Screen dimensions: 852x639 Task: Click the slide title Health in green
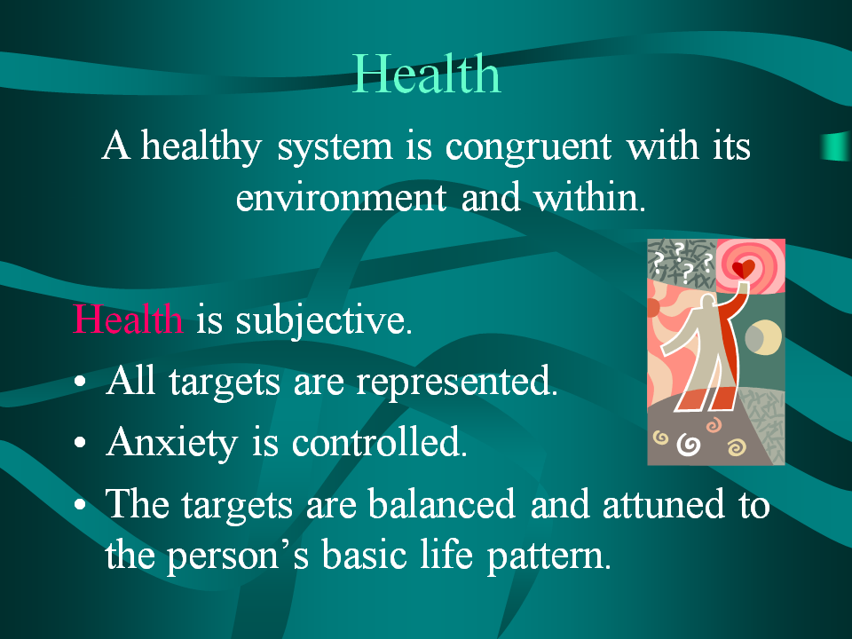[x=427, y=74]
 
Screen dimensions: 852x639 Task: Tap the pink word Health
[x=128, y=319]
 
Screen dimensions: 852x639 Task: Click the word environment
[x=341, y=198]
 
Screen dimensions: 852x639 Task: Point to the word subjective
[x=323, y=321]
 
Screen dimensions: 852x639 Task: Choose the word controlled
[x=379, y=441]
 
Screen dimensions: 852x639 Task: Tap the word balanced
[x=441, y=504]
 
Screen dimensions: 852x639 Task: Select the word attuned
[x=664, y=504]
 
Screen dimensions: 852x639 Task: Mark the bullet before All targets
[x=81, y=382]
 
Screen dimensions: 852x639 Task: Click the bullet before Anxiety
[x=81, y=442]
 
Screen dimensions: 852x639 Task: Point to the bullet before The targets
[x=81, y=504]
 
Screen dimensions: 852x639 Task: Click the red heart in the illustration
[x=744, y=269]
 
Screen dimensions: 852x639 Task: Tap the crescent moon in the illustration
[x=763, y=337]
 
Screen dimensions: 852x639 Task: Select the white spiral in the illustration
[x=689, y=445]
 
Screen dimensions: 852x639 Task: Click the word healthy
[x=201, y=146]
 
